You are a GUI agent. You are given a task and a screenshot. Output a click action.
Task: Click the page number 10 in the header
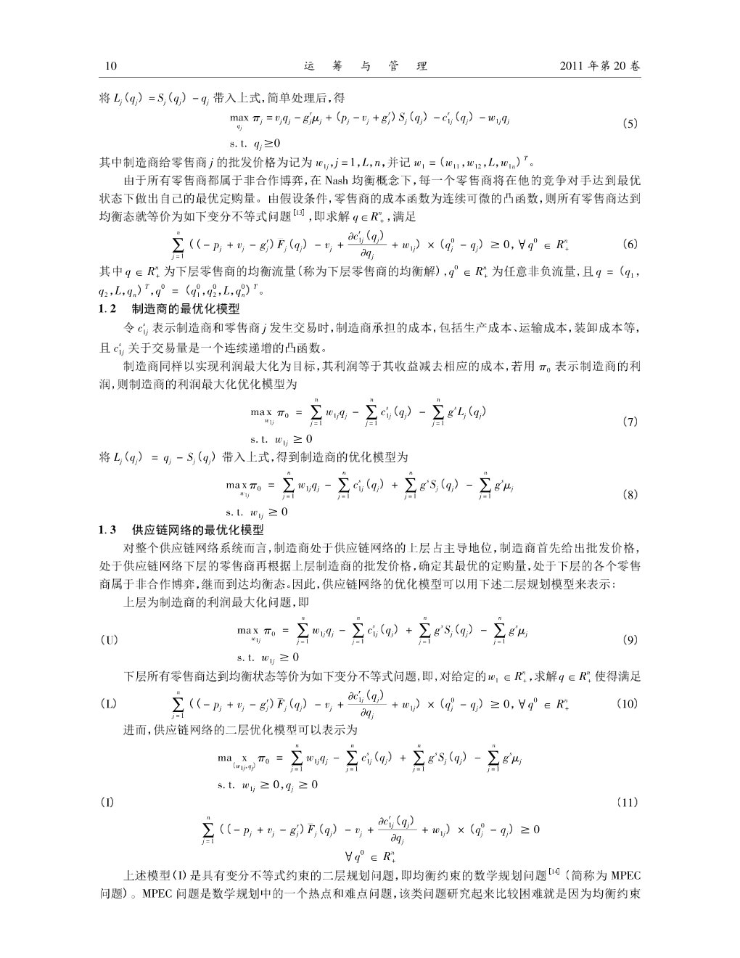click(111, 66)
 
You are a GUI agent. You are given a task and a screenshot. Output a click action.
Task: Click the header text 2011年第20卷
click(600, 66)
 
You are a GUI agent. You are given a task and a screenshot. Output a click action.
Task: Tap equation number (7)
click(630, 422)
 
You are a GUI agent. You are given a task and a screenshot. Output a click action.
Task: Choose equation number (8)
click(630, 495)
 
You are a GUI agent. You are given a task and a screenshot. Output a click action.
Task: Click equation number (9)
click(630, 640)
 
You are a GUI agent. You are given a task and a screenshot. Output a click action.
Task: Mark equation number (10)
click(628, 703)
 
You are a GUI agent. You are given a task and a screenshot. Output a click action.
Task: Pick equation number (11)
click(628, 802)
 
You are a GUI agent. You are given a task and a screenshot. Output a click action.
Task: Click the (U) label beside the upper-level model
click(110, 640)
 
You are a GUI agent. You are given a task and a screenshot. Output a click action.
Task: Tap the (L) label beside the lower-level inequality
click(109, 703)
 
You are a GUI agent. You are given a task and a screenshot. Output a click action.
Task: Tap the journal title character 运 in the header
click(309, 66)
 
